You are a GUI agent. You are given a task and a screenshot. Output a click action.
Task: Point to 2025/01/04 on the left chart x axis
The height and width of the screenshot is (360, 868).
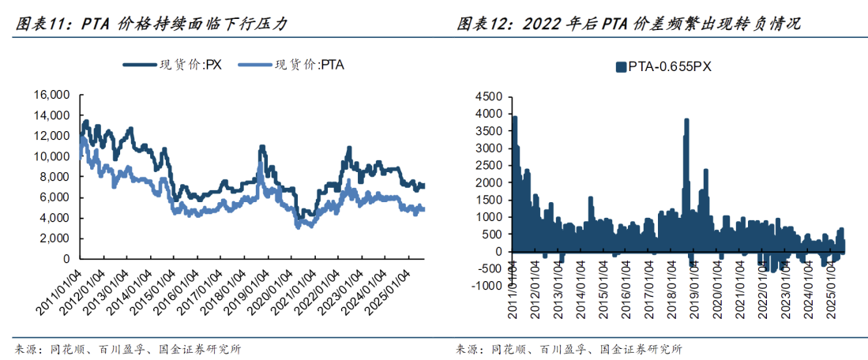(x=393, y=291)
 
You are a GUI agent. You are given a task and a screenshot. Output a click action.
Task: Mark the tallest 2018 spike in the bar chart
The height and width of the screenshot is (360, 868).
(x=686, y=121)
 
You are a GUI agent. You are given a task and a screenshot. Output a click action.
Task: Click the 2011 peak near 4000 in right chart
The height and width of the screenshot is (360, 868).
(x=515, y=118)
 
